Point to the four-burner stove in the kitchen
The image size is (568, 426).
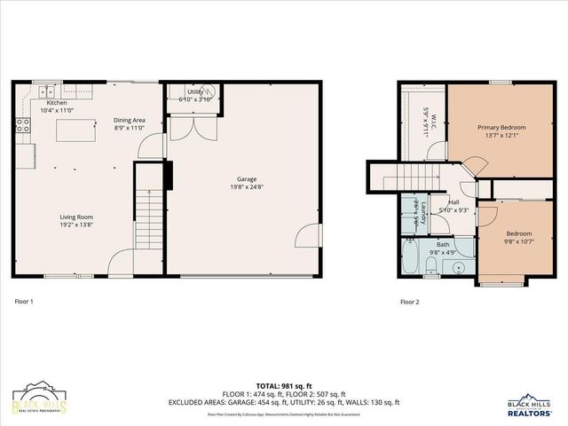coord(21,128)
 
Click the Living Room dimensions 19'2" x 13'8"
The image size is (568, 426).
coord(77,224)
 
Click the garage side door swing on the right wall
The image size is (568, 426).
coord(307,236)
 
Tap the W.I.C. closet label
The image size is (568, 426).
coord(425,121)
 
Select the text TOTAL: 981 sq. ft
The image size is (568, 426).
coord(284,385)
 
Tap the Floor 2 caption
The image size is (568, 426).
coord(409,302)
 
